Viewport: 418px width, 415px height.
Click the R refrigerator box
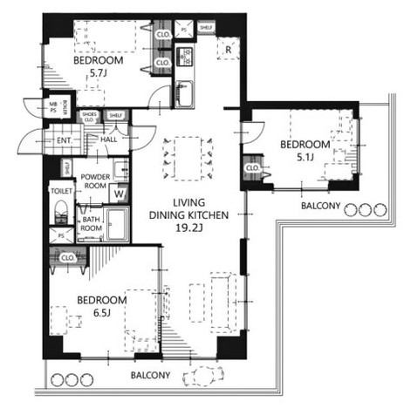tap(227, 51)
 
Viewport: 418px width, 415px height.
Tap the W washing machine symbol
tap(120, 194)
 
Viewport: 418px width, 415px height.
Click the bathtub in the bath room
tap(117, 224)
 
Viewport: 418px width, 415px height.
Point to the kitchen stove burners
tap(185, 59)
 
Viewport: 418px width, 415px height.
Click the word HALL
tap(109, 139)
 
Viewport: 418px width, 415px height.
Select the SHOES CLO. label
tap(88, 117)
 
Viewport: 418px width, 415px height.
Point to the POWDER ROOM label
tap(95, 180)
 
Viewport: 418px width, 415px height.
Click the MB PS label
tap(52, 106)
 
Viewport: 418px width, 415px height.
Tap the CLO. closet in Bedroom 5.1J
tap(252, 167)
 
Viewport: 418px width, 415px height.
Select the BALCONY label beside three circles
tap(320, 208)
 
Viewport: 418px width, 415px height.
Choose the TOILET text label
tap(60, 188)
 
